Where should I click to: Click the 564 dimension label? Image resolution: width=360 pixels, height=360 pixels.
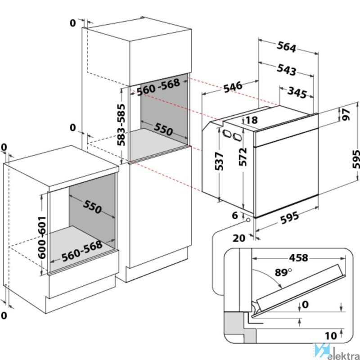point(286,47)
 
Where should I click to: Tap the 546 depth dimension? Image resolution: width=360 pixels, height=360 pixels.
point(232,86)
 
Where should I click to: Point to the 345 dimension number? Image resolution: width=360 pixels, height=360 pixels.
point(297,93)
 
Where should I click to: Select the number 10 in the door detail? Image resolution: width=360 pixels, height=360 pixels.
point(331,336)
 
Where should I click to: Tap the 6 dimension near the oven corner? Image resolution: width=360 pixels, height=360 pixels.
point(234,216)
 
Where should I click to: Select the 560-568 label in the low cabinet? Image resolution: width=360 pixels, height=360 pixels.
point(82,251)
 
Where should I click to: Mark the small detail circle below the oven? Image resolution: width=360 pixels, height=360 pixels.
point(248,220)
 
